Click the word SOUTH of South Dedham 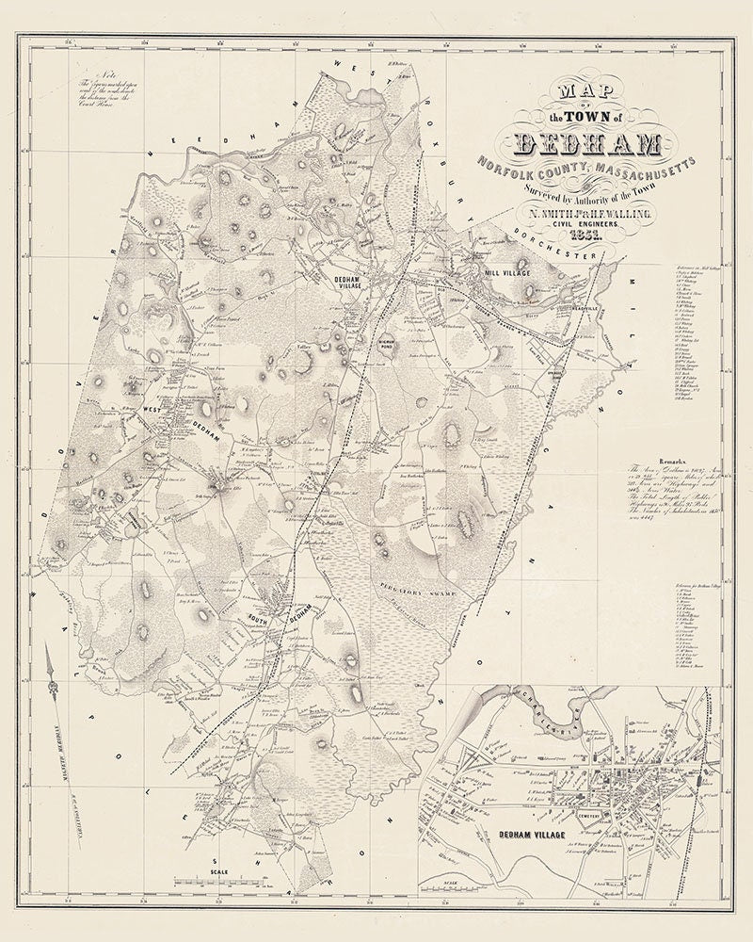261,619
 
